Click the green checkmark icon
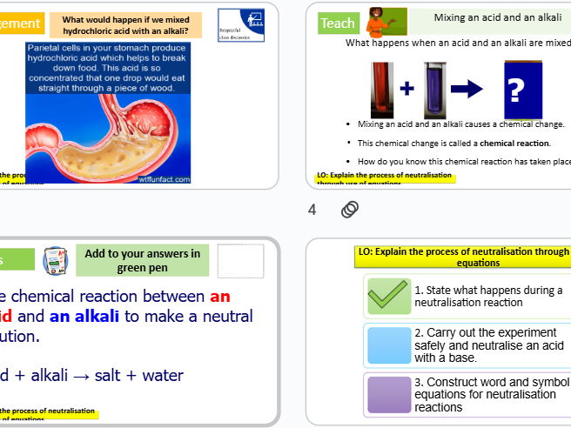(388, 296)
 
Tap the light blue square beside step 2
(388, 344)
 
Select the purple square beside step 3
(388, 394)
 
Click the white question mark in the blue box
(517, 90)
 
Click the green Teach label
(337, 23)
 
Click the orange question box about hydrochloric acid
(126, 25)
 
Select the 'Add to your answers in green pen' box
(143, 260)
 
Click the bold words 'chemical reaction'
(515, 143)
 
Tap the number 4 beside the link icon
(312, 210)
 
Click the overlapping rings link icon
(349, 210)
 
